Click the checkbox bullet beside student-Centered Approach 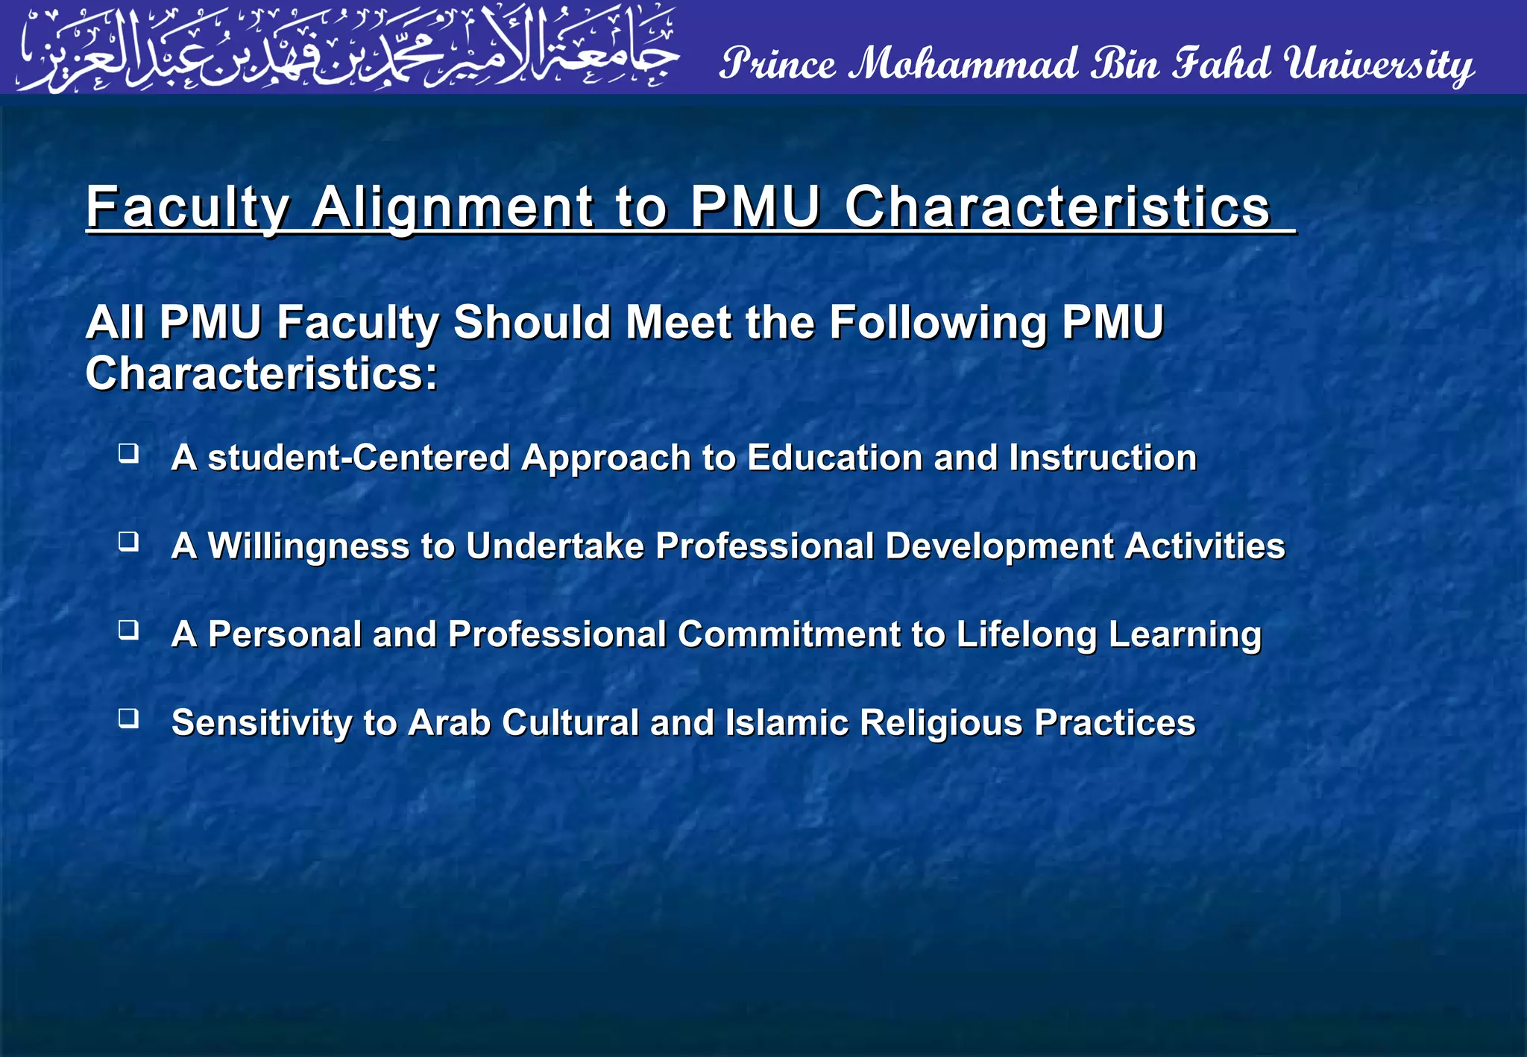(129, 453)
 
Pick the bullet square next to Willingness (129, 542)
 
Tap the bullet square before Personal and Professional (129, 631)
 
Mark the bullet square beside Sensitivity (129, 719)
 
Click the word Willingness (308, 546)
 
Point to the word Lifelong (1026, 635)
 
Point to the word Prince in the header (777, 64)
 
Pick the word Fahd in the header (1221, 64)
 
